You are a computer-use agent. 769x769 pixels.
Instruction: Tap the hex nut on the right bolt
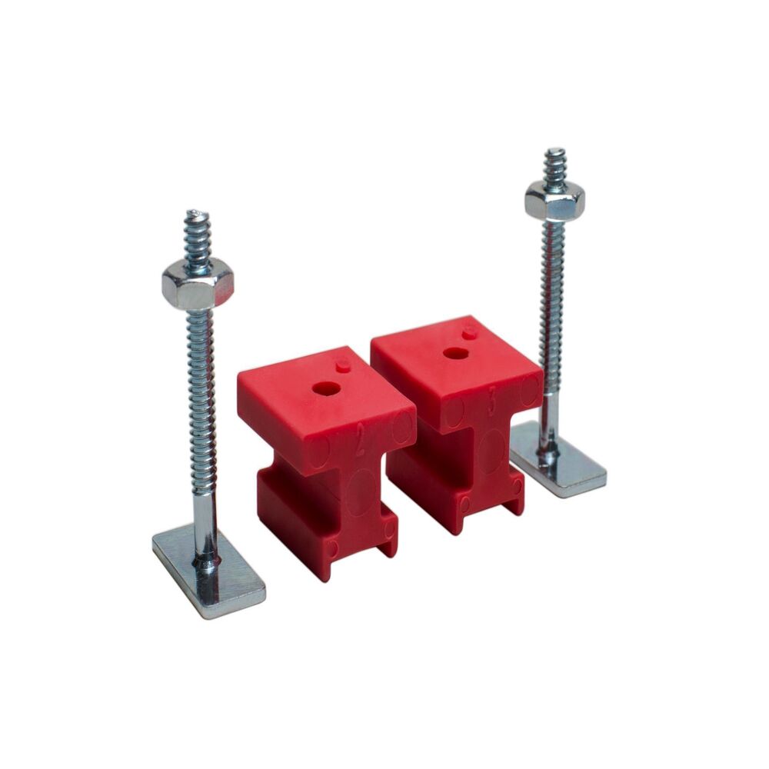tap(554, 200)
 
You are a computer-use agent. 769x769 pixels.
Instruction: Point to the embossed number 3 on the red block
tap(491, 406)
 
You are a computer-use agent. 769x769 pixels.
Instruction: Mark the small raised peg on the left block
tap(342, 363)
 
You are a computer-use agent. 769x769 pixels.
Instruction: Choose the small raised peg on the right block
tap(469, 331)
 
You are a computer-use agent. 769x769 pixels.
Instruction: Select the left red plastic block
tap(323, 454)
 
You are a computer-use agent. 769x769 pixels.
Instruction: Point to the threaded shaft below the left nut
tap(200, 384)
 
